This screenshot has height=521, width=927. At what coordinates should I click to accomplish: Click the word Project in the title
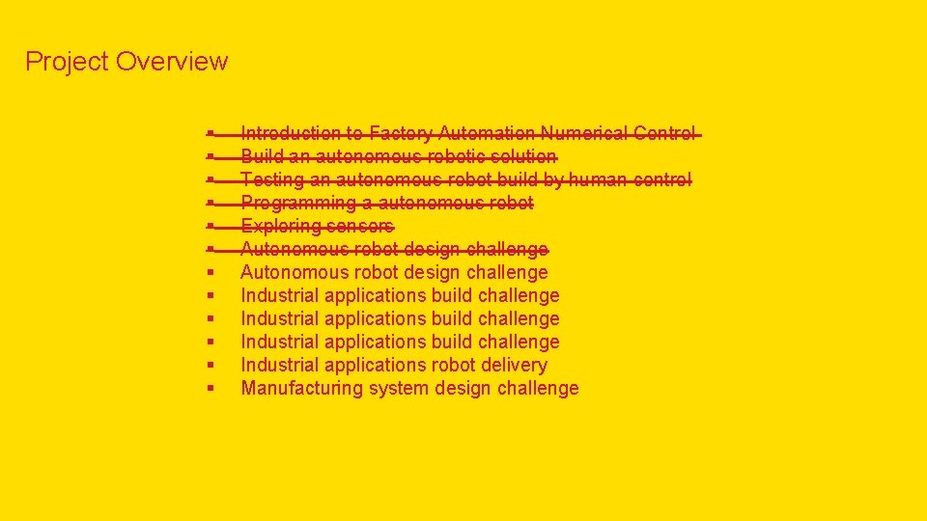pos(66,62)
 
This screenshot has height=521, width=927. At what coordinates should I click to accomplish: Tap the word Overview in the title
pos(171,62)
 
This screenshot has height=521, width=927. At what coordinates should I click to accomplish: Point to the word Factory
pos(401,133)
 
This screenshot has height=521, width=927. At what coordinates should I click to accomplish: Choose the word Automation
pos(487,133)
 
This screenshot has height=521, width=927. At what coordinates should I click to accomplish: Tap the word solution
pos(522,156)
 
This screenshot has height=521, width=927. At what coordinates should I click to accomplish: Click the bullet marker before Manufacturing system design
pos(210,389)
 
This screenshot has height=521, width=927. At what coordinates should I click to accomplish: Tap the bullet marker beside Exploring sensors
pos(210,227)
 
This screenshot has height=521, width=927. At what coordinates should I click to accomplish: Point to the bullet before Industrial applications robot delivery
pos(210,366)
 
